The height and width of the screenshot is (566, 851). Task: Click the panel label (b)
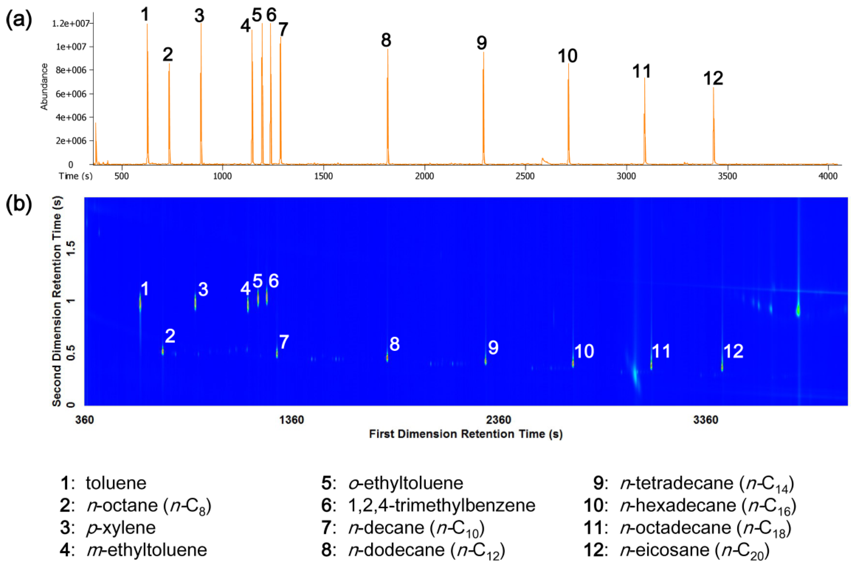pos(19,204)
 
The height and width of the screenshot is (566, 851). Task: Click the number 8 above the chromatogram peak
pos(386,40)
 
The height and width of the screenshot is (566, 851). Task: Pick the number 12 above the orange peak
pos(713,78)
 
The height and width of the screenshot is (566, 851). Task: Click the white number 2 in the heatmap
pos(170,336)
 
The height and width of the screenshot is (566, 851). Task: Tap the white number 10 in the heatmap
pos(584,351)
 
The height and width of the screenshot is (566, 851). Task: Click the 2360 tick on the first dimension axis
pos(499,420)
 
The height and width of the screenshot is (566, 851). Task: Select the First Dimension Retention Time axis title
pos(466,433)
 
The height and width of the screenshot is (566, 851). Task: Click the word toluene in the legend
pos(116,483)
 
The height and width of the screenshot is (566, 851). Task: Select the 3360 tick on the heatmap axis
pos(705,420)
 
